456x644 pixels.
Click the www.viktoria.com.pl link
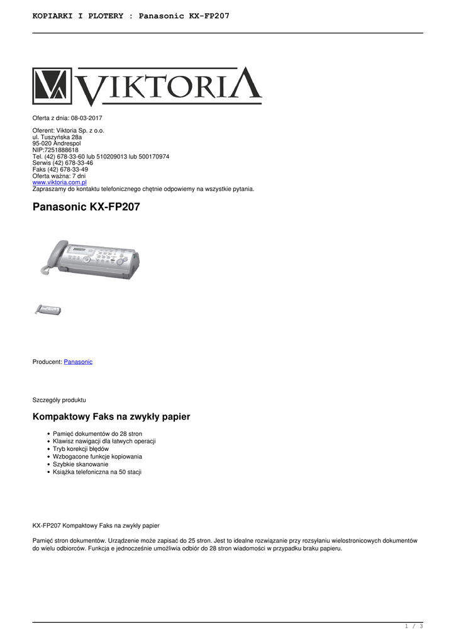pos(59,182)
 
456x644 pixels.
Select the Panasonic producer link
pos(78,362)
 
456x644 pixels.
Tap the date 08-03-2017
pos(86,118)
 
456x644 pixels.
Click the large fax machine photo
pos(89,259)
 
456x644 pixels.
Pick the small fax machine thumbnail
pos(48,309)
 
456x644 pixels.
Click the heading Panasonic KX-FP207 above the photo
pos(86,207)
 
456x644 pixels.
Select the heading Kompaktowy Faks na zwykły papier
pos(111,416)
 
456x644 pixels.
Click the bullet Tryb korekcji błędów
pos(81,449)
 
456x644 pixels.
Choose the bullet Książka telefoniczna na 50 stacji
pos(97,472)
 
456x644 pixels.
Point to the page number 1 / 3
pos(413,626)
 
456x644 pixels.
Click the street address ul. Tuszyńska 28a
pos(57,137)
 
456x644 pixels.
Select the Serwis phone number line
pos(62,163)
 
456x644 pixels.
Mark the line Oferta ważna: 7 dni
pos(58,176)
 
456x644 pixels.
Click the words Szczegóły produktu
pos(59,399)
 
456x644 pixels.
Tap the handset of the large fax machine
pos(53,252)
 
